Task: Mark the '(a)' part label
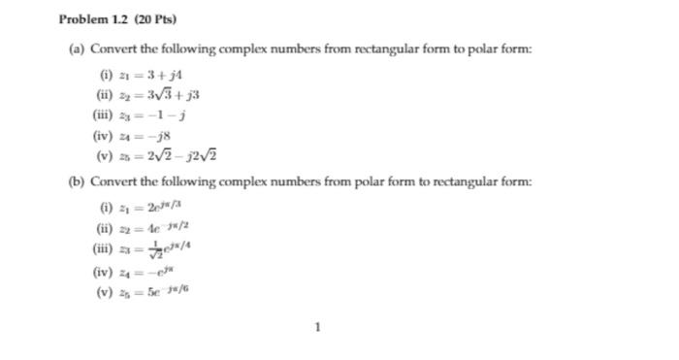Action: [x=78, y=50]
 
